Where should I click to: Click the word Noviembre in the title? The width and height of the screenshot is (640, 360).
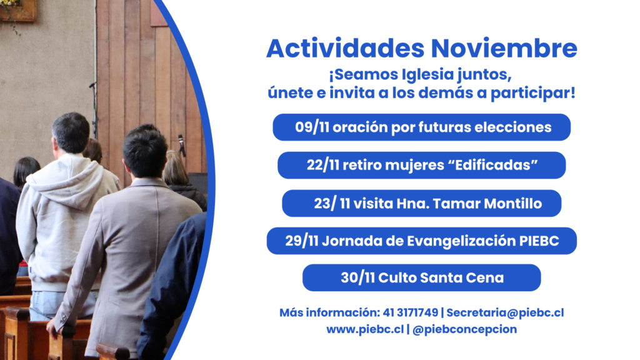[x=504, y=49]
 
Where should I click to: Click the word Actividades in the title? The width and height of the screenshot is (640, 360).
[x=346, y=49]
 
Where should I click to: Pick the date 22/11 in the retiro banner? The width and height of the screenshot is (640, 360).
[x=323, y=165]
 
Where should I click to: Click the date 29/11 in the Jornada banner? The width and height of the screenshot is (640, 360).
[x=302, y=241]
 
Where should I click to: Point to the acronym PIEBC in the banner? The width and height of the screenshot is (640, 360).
[x=539, y=241]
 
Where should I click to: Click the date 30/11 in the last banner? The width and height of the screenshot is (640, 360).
[x=357, y=277]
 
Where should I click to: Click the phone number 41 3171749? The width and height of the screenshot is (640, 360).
[x=410, y=312]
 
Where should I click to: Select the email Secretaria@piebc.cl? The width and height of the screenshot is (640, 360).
[x=505, y=312]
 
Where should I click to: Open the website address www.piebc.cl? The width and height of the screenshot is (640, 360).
[x=365, y=329]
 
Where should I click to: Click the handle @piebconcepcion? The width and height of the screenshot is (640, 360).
[x=464, y=329]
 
